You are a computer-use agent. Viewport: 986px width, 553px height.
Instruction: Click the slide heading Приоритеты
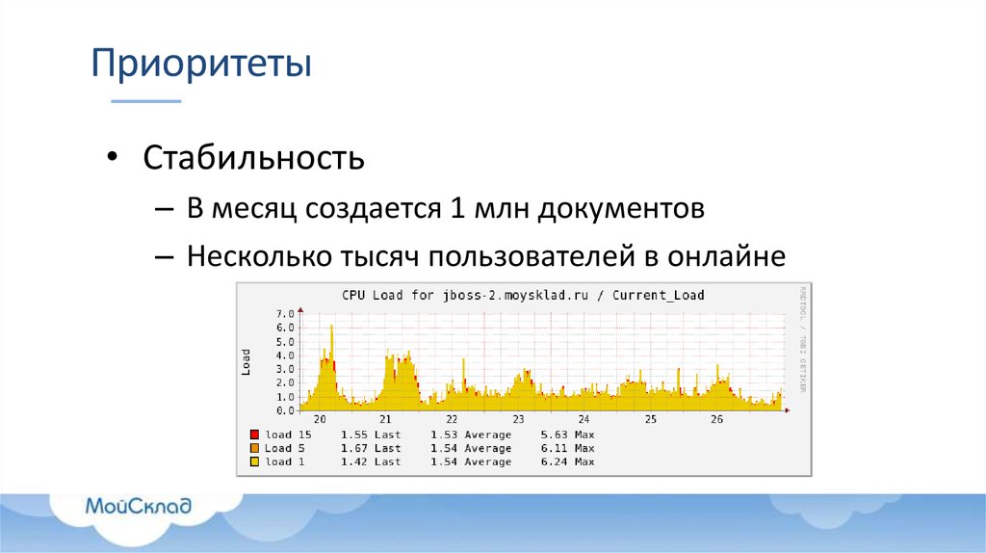(x=201, y=66)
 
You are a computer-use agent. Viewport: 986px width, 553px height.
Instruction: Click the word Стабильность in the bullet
(x=253, y=157)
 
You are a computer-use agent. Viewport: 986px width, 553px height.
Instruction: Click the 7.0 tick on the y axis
(x=284, y=314)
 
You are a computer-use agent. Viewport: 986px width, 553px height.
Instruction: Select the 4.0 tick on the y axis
(x=284, y=355)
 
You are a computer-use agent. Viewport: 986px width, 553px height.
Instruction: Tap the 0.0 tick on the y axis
(x=284, y=410)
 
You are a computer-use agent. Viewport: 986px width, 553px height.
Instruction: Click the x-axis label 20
(x=320, y=420)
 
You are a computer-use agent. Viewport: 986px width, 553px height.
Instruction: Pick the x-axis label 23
(x=518, y=420)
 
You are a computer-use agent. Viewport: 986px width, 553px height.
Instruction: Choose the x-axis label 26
(x=716, y=420)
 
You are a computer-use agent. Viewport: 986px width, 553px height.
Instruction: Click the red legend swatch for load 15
(x=254, y=434)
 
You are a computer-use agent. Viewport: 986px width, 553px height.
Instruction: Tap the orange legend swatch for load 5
(x=254, y=448)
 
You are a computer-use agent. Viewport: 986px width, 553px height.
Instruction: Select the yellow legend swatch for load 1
(x=254, y=461)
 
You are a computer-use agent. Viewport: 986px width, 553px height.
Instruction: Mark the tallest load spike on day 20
(x=331, y=328)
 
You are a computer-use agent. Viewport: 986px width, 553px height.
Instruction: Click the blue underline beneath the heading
(x=145, y=100)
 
